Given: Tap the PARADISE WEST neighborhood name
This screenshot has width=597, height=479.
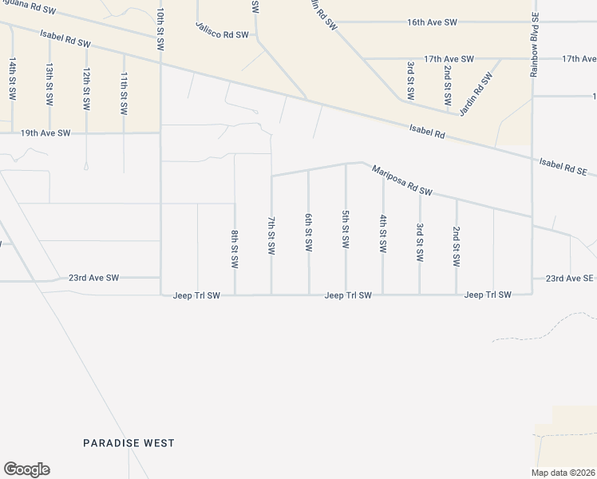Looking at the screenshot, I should [129, 443].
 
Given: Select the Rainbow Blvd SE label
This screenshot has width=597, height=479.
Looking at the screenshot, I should [535, 45].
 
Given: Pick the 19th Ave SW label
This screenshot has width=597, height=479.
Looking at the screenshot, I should [45, 133].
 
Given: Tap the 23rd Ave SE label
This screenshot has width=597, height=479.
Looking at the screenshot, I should [570, 278].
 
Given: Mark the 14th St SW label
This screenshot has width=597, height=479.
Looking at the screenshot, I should [12, 78].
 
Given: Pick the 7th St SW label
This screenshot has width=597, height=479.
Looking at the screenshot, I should [271, 235].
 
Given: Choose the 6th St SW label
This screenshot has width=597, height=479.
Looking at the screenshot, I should [308, 232].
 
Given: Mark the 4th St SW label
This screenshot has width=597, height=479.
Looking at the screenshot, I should [383, 233].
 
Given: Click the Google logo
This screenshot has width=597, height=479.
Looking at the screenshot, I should [26, 469].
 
